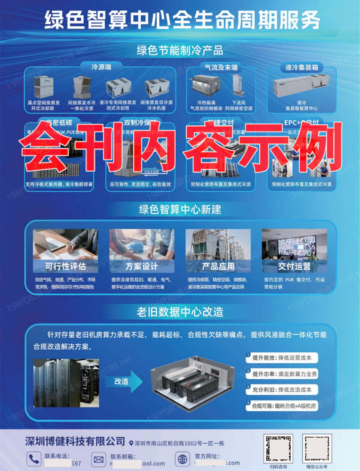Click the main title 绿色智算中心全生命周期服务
point(182,20)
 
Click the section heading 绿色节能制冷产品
point(180,50)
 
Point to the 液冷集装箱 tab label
point(301,68)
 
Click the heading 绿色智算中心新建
point(180,209)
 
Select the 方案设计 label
point(142,266)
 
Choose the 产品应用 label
point(218,266)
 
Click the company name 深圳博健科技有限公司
point(75,441)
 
